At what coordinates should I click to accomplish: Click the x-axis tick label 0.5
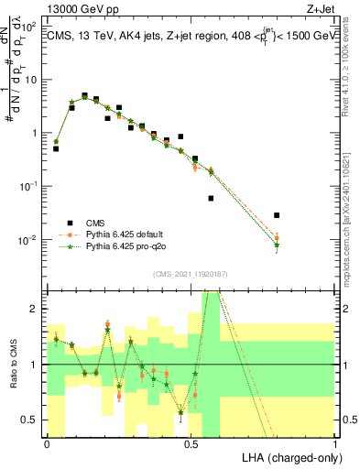point(191,443)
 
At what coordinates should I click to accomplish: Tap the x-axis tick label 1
point(336,443)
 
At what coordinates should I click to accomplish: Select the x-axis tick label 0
point(47,443)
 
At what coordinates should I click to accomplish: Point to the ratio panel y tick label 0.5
point(30,420)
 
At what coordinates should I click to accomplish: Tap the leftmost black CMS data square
point(56,147)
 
